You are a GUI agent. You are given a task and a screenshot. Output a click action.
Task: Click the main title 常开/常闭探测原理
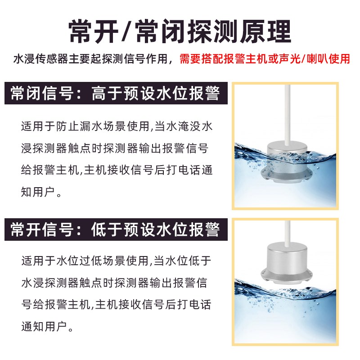(180, 30)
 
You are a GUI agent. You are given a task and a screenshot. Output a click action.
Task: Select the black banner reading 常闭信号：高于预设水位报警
(115, 95)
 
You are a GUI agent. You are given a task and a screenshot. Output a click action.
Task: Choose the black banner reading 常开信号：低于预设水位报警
(115, 230)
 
